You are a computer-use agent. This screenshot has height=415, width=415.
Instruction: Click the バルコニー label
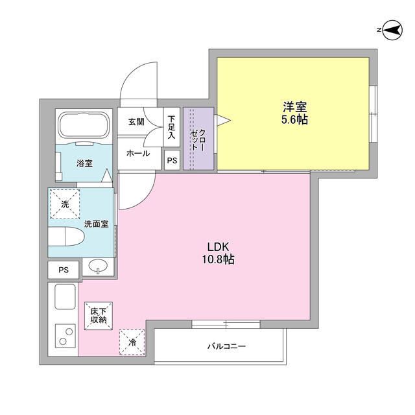226,347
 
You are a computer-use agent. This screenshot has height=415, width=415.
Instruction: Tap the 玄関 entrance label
136,121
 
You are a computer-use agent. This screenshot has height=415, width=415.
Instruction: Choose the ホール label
137,154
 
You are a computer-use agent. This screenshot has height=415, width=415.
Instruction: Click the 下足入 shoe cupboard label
171,127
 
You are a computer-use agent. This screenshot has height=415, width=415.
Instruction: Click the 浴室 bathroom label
84,163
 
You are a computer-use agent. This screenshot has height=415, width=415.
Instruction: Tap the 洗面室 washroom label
99,224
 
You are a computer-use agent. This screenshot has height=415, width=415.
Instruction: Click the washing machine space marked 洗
64,204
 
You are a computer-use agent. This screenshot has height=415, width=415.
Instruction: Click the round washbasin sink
99,266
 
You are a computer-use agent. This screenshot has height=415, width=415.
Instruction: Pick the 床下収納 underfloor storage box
99,316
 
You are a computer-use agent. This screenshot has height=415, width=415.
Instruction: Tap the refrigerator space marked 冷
132,342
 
